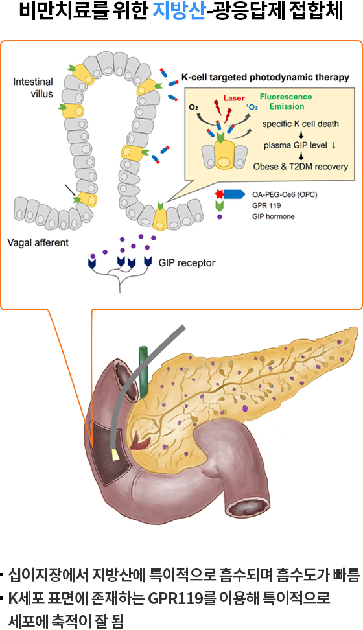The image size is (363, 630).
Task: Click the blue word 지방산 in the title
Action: coord(179,12)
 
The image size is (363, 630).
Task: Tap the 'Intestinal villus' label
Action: coord(33,87)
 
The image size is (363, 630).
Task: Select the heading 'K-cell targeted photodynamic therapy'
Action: coord(265,78)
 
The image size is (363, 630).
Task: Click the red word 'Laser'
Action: coord(234,98)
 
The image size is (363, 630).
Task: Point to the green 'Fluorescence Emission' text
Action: coord(286,101)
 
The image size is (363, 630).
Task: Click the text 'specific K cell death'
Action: coord(301,124)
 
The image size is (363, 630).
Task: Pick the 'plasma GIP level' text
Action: coord(296,145)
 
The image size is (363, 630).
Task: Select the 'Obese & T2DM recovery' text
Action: coord(301,167)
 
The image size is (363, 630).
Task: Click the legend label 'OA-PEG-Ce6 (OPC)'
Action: coord(285,195)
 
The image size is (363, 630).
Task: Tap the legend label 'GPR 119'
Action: coord(266,205)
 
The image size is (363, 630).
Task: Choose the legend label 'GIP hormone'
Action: coord(274,216)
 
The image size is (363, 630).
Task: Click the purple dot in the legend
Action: coord(220,216)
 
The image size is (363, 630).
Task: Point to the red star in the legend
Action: coord(219,195)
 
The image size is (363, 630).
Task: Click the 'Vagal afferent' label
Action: coord(38,242)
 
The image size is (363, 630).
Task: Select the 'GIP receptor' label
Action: coord(187,263)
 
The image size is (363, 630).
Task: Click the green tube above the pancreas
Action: coord(144,370)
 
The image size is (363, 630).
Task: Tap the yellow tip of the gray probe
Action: coord(116,454)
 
